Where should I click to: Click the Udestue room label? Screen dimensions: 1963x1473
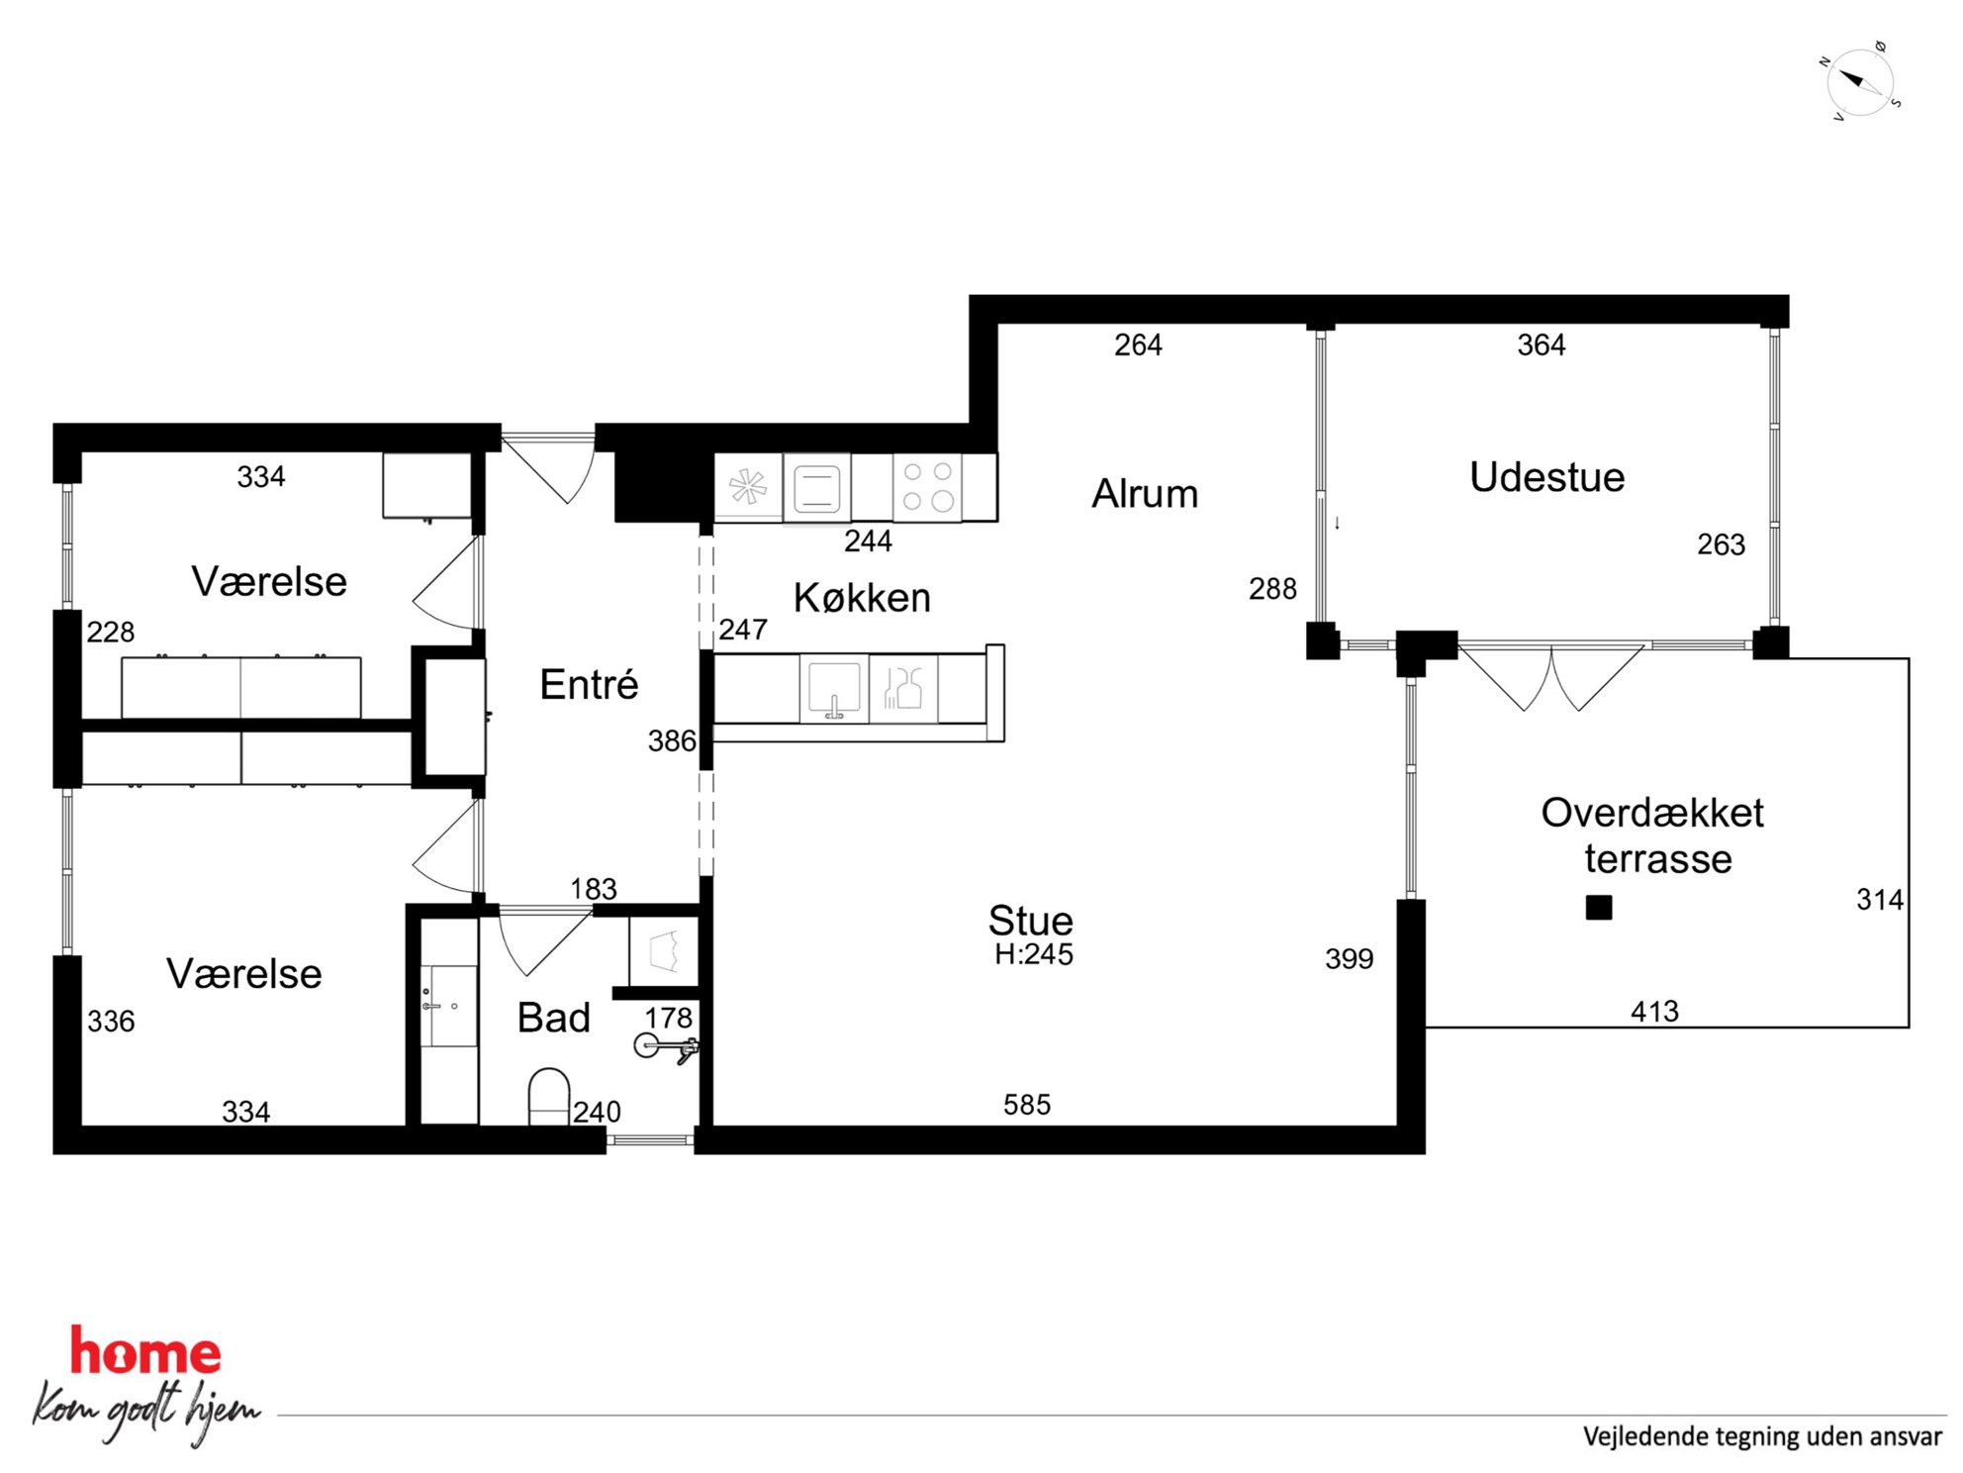point(1546,477)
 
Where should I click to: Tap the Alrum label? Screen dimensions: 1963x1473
point(1145,494)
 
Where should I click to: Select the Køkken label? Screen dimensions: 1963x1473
point(862,598)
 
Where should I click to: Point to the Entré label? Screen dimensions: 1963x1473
point(589,684)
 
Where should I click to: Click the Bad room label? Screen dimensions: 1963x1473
point(553,1018)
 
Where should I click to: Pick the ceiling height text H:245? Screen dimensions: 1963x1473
point(1034,954)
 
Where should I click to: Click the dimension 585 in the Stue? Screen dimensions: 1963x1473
point(1027,1105)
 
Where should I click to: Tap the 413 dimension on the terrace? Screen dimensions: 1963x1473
point(1654,1012)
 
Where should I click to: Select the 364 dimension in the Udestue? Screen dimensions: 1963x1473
point(1542,345)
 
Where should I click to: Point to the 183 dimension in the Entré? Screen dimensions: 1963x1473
point(594,889)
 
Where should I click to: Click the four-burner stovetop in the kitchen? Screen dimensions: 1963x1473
point(927,487)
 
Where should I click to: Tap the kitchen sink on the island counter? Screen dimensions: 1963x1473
point(834,688)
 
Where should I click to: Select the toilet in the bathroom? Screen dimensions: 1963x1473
point(549,1096)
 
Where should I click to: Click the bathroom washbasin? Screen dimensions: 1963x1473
point(449,1006)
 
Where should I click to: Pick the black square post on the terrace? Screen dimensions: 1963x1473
point(1599,908)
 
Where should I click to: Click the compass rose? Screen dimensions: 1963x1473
point(1860,82)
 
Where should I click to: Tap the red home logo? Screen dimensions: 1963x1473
point(145,1352)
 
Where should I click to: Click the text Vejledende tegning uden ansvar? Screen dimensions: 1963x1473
point(1762,1436)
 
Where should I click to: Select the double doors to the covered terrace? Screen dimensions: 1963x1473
point(1550,678)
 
